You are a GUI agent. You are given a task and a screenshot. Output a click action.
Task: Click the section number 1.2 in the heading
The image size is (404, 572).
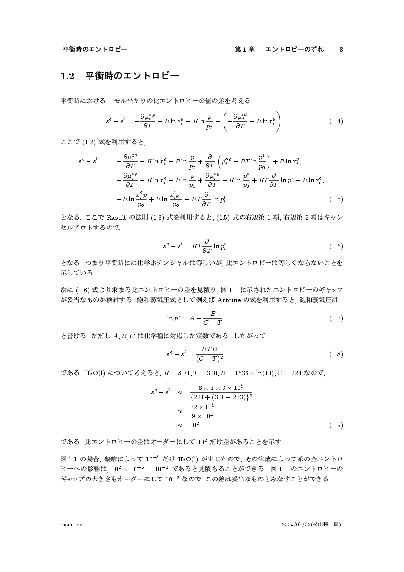pos(67,76)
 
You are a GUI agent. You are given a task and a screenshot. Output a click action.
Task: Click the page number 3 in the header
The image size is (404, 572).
pos(341,50)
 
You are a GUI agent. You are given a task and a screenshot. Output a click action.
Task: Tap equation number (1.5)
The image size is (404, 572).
pos(336,199)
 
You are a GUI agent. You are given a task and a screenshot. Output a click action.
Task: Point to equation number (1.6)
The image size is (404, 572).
pos(336,246)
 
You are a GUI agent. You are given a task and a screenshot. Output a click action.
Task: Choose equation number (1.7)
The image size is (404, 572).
pos(336,318)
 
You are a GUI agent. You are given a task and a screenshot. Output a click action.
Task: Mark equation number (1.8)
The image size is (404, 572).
pos(336,354)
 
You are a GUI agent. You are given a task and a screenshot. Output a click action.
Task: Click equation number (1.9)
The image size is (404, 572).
pos(336,425)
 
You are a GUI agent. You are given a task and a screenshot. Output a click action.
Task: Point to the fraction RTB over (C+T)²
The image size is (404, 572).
pos(209,354)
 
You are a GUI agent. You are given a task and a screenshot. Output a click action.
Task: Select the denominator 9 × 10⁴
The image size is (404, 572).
pos(202,416)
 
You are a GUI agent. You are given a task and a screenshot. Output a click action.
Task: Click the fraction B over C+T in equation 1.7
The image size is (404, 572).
pos(213,318)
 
